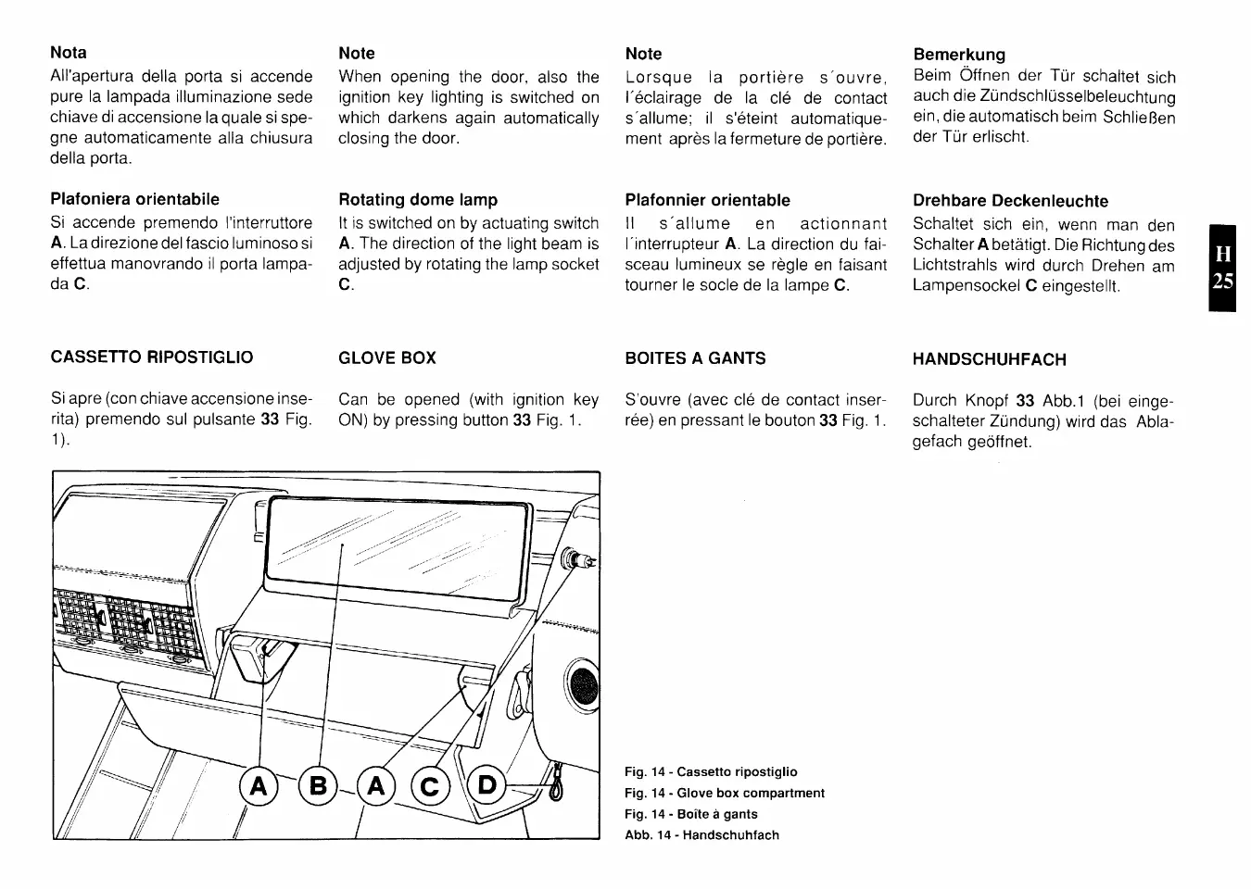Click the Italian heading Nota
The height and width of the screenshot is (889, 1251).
(x=69, y=53)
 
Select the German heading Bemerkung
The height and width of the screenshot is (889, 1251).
(x=959, y=55)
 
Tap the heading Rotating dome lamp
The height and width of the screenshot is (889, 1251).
(x=418, y=199)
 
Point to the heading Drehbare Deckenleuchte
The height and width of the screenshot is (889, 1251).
(x=1010, y=201)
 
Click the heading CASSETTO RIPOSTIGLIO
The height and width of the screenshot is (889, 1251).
(x=151, y=357)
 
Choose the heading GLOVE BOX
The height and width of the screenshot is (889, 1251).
(x=387, y=358)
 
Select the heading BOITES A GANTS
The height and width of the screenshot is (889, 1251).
(x=695, y=358)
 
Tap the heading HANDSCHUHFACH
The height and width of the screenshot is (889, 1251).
(x=989, y=359)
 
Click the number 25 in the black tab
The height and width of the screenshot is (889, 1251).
(x=1222, y=281)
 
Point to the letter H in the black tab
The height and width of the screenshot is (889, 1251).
(x=1222, y=253)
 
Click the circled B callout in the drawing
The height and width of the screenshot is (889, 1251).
(x=318, y=786)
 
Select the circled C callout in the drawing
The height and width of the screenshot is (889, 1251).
(x=430, y=786)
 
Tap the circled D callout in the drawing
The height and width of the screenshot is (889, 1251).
(x=488, y=785)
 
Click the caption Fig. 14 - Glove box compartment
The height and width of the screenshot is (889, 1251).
(x=725, y=793)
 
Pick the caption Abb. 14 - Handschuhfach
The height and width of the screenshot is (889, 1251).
(x=701, y=834)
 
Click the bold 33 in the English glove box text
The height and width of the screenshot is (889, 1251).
(x=522, y=419)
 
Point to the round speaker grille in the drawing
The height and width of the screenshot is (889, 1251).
(x=583, y=684)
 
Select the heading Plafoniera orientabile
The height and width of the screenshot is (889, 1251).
(x=134, y=199)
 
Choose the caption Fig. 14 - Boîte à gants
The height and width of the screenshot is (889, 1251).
(x=690, y=814)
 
